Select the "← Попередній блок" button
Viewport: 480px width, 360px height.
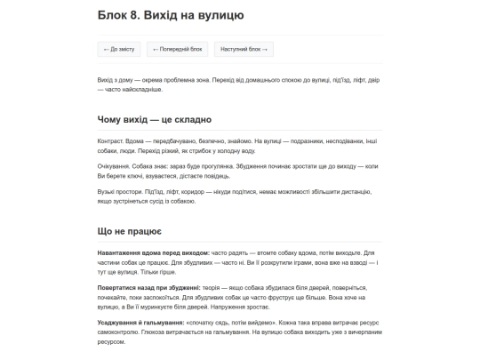[x=178, y=49]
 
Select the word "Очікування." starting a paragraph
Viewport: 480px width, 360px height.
[x=115, y=166]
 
